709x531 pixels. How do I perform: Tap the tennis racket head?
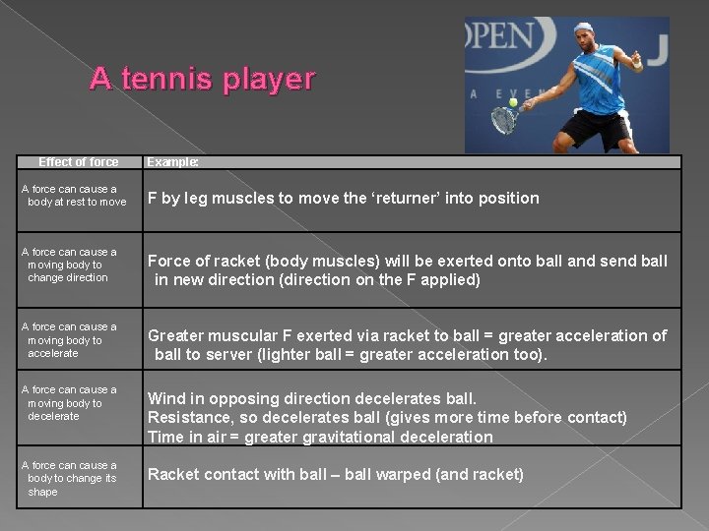504,120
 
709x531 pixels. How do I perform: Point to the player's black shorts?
595,128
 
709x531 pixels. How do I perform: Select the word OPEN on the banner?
499,37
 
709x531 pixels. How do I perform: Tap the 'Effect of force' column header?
78,162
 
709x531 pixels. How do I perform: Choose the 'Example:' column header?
173,162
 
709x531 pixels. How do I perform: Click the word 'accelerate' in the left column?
53,353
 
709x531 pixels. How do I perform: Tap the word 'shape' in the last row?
43,492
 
